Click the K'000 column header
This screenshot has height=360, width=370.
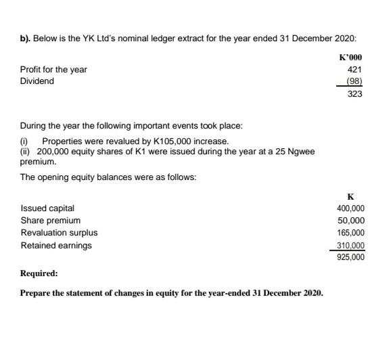pyautogui.click(x=350, y=57)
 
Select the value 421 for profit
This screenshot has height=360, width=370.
pyautogui.click(x=355, y=69)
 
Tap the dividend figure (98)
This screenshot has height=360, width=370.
pyautogui.click(x=354, y=81)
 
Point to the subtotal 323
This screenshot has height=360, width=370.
pyautogui.click(x=355, y=94)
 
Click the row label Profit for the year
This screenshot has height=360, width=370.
pyautogui.click(x=53, y=69)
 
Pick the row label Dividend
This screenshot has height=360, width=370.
pyautogui.click(x=37, y=81)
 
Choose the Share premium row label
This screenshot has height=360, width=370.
pyautogui.click(x=50, y=221)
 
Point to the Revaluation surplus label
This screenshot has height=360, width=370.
pyautogui.click(x=59, y=233)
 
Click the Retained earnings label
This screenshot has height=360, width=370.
pyautogui.click(x=56, y=245)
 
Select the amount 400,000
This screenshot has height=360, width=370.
pyautogui.click(x=350, y=208)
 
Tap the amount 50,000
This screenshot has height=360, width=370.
pyautogui.click(x=352, y=221)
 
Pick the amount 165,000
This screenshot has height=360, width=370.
pyautogui.click(x=350, y=233)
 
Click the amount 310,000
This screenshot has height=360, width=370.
pyautogui.click(x=350, y=245)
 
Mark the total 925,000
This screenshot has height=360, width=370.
pyautogui.click(x=350, y=257)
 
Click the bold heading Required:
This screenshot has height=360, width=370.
pyautogui.click(x=39, y=275)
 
